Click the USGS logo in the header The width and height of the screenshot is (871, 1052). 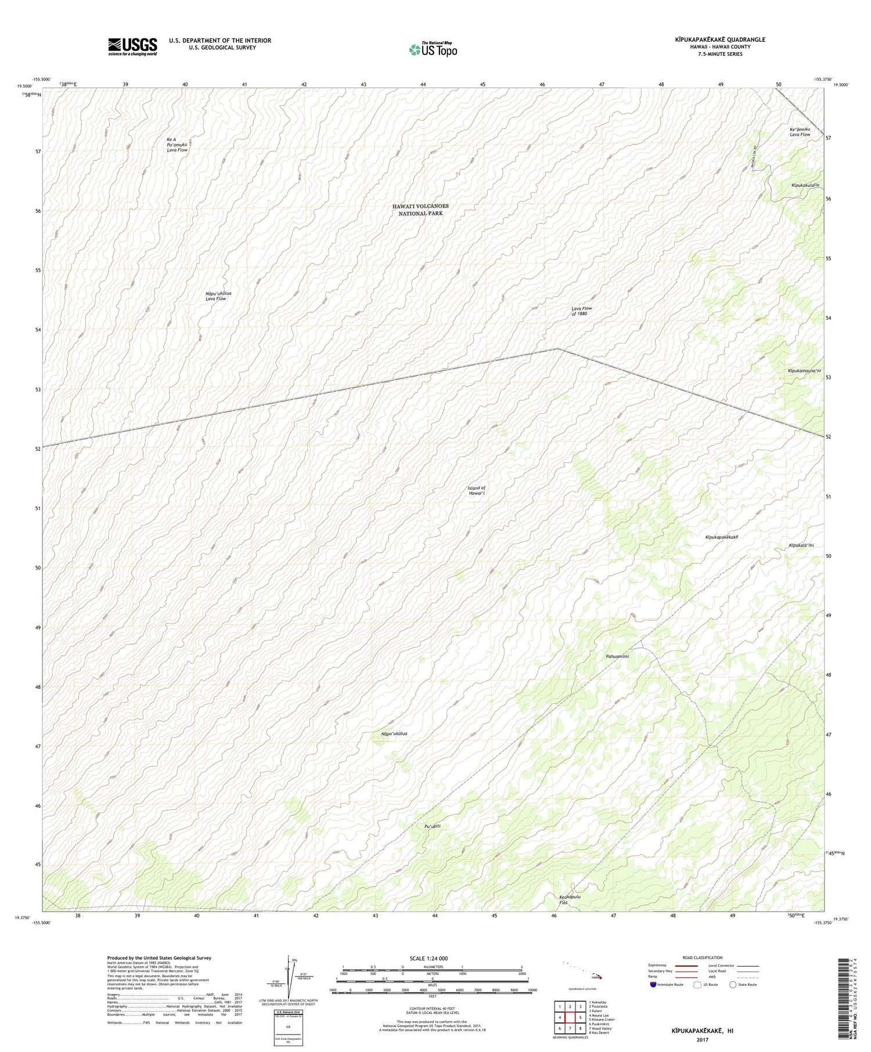132,46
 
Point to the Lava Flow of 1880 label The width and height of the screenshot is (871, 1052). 580,311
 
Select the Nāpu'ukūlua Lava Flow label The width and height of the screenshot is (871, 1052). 218,296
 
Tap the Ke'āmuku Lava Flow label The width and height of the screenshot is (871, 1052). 800,132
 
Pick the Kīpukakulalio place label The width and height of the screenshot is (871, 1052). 805,186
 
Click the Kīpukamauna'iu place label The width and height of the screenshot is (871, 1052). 804,371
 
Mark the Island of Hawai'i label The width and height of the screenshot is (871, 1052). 476,490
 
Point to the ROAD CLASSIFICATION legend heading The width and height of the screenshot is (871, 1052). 703,957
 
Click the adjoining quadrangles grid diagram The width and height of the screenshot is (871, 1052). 570,1017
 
